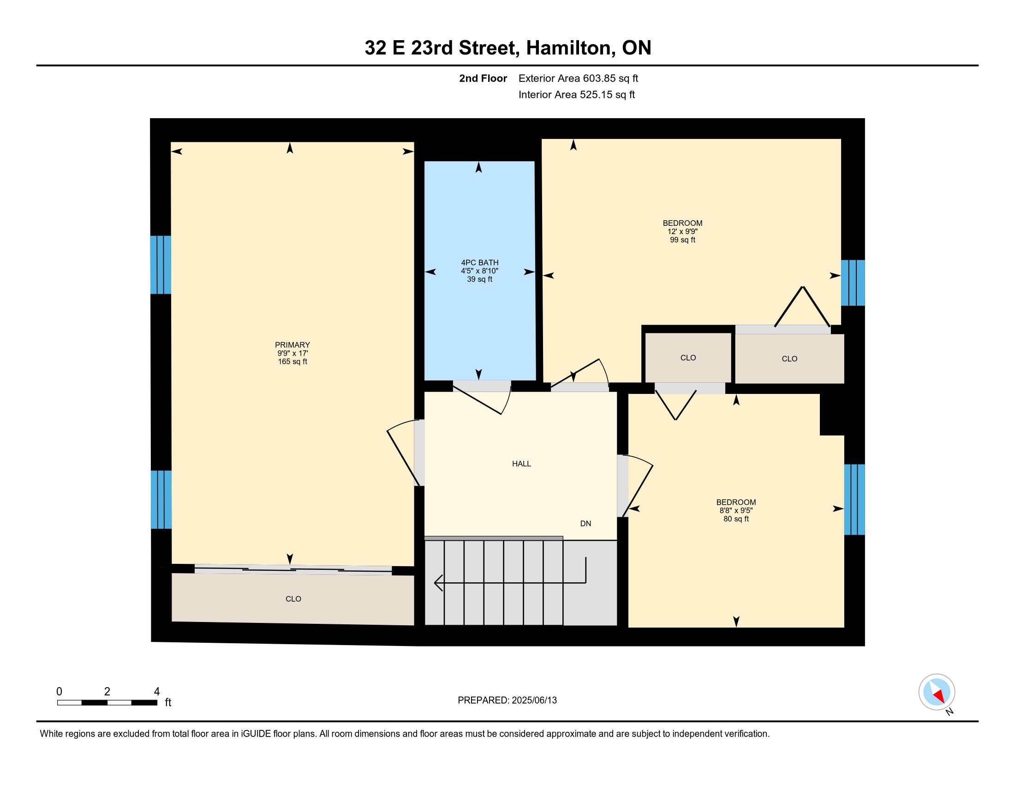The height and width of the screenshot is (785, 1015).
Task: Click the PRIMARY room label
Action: pos(293,344)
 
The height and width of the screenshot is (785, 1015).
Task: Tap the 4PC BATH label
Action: pos(480,263)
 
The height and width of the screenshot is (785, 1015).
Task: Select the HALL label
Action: pos(521,464)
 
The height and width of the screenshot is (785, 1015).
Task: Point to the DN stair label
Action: pos(585,524)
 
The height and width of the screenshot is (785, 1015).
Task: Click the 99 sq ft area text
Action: pos(683,240)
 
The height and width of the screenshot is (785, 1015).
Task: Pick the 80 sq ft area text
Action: pos(736,519)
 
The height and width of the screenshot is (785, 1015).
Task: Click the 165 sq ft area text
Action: pos(293,362)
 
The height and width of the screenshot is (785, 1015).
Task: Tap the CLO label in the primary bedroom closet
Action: pos(293,599)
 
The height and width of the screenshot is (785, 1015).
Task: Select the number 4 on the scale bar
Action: pos(156,692)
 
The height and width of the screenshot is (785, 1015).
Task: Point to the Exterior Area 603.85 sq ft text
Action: pos(578,78)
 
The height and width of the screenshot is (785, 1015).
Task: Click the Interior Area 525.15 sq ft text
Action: pos(576,95)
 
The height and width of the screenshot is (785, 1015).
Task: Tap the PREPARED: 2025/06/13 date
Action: pos(507,700)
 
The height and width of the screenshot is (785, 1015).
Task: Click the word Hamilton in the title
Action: pos(569,48)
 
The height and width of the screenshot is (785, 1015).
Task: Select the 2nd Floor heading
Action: pos(483,78)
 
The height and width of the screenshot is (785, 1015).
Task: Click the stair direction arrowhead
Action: pos(438,583)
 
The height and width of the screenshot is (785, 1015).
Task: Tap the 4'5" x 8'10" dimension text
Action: pos(480,271)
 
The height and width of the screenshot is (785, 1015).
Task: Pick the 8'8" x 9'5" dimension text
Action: pos(736,510)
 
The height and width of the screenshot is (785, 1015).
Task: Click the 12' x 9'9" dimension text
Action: pos(683,231)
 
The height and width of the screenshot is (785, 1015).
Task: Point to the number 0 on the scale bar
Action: pos(59,692)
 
